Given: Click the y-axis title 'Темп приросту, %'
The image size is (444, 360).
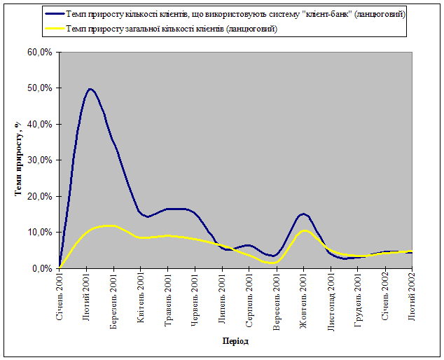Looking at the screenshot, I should (x=19, y=160).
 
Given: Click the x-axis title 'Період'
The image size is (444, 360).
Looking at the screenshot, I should (x=235, y=341).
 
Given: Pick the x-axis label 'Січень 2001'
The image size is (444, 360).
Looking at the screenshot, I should (x=60, y=298).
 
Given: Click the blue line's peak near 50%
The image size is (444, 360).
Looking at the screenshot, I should (x=90, y=89).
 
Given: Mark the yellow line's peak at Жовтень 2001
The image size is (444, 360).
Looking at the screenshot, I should (x=304, y=230).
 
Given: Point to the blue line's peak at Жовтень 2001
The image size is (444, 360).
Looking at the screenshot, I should (x=303, y=214).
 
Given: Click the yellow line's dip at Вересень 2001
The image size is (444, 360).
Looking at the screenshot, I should (x=275, y=263).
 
